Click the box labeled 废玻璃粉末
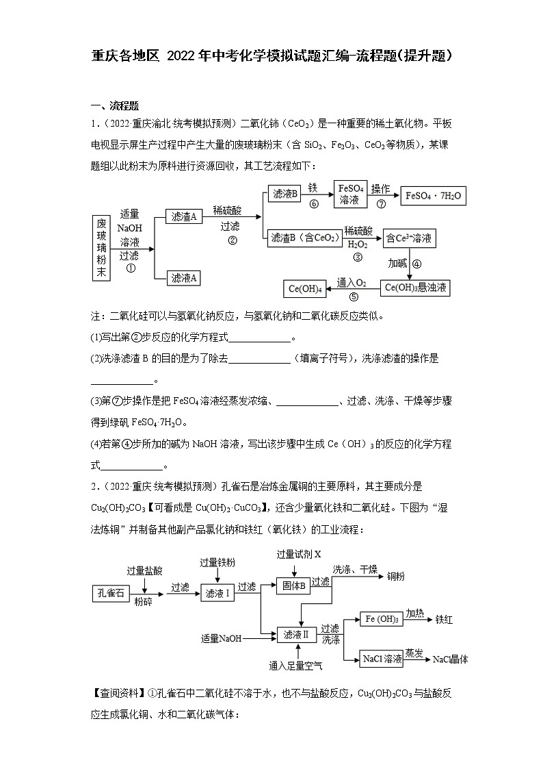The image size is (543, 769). (101, 248)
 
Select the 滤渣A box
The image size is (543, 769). (185, 216)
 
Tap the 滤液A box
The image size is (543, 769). (185, 277)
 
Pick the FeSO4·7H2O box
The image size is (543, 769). (434, 196)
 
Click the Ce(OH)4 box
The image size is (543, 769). (305, 289)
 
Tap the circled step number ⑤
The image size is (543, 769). (354, 297)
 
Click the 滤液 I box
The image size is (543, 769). (217, 594)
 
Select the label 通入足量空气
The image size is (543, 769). (296, 665)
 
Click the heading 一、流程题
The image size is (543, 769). (115, 105)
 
